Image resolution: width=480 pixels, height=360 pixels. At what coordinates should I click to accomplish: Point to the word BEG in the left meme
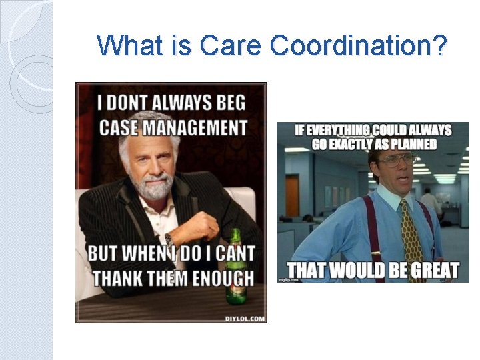coord(230,103)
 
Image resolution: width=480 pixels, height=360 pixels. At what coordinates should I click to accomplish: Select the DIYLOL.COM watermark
coord(245,318)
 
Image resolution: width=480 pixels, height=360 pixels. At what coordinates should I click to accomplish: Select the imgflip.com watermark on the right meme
coord(287,279)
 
